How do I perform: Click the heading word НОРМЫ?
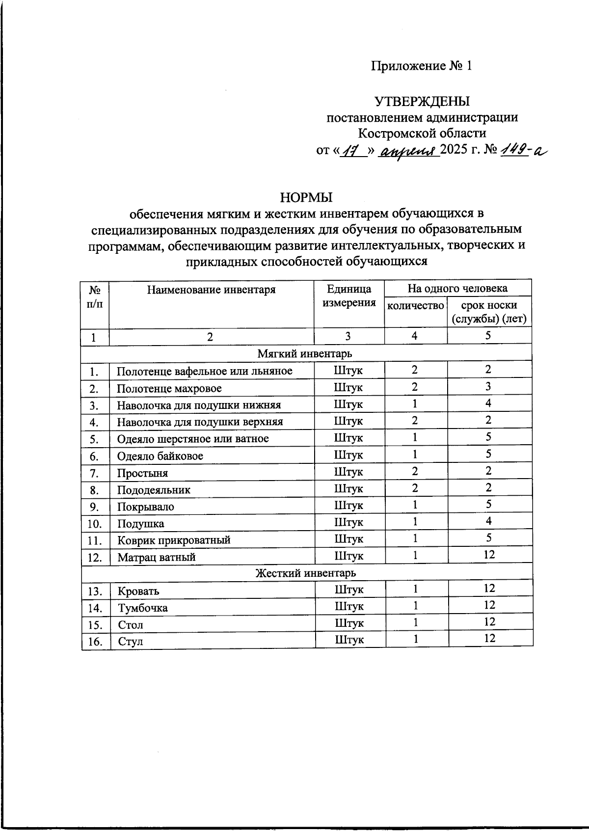[x=306, y=197]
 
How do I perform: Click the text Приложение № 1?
[x=422, y=66]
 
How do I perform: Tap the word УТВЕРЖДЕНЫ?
[x=422, y=101]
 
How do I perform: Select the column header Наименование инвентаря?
[x=211, y=290]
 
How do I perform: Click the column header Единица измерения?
[x=349, y=296]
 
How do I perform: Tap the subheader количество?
[x=415, y=306]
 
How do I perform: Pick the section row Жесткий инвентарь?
[x=306, y=573]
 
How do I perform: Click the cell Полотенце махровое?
[x=169, y=388]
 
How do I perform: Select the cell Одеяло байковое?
[x=160, y=456]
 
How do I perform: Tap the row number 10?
[x=95, y=524]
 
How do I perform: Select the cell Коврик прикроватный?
[x=174, y=540]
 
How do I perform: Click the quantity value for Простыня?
[x=415, y=471]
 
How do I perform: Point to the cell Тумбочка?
[x=143, y=608]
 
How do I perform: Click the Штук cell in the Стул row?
[x=349, y=640]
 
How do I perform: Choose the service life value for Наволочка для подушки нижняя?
[x=489, y=403]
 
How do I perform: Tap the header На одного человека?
[x=457, y=288]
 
